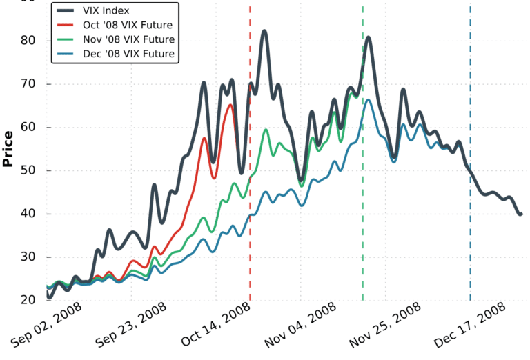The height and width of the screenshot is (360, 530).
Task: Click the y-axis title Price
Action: tap(8, 148)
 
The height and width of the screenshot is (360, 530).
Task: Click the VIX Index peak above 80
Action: tap(264, 31)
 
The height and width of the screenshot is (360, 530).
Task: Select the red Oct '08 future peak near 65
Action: tap(230, 105)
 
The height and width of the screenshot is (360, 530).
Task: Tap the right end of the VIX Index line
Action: tap(520, 214)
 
